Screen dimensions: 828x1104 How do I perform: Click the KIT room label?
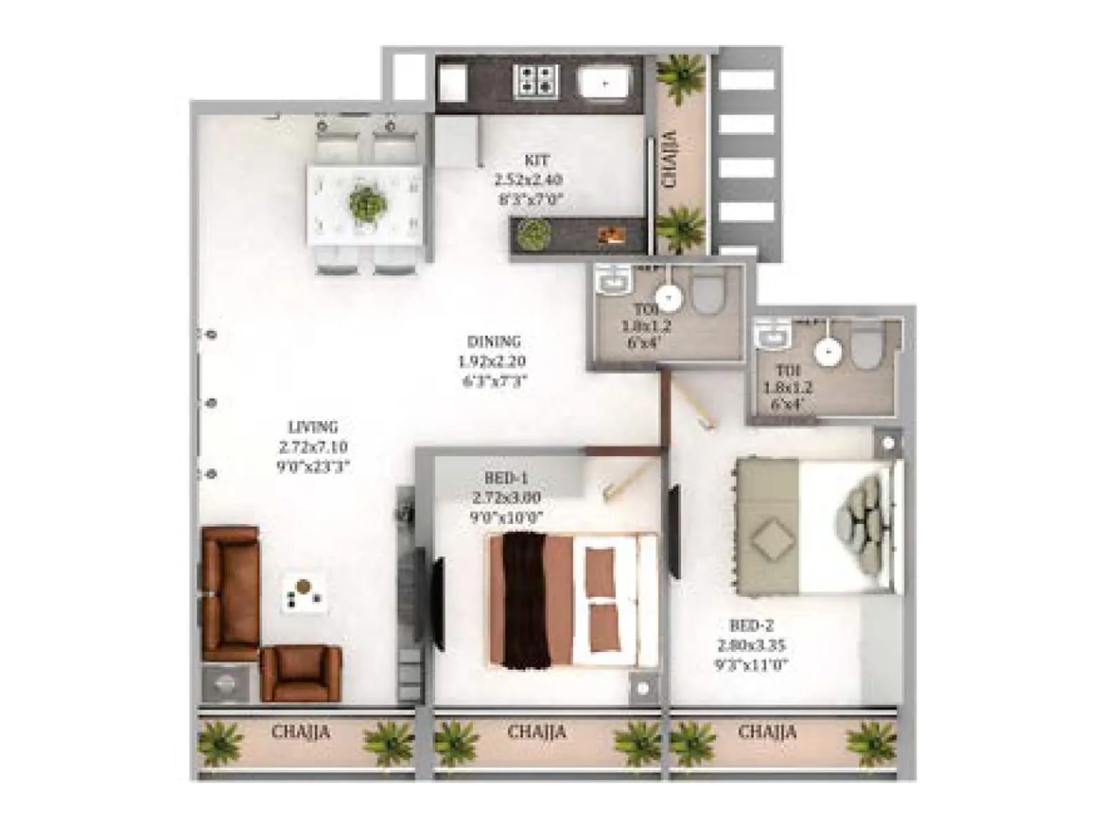[537, 161]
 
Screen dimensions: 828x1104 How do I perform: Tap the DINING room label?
[494, 342]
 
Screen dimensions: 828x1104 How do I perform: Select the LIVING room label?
[313, 427]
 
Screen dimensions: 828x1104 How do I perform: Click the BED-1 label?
[506, 478]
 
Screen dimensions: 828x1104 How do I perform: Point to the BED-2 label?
[751, 626]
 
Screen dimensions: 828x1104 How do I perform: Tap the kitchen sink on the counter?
[605, 83]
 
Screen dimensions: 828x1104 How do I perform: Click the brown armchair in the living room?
[301, 673]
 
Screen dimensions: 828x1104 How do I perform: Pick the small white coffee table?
[304, 593]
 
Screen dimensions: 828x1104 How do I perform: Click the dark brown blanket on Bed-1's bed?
[526, 600]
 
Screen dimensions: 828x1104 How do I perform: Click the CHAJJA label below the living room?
[301, 731]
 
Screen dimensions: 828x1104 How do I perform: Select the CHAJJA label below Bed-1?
[536, 731]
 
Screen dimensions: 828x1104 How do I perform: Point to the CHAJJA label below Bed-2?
[767, 731]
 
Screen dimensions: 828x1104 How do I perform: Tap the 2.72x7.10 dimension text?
[313, 447]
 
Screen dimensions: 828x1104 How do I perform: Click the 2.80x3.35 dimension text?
[751, 646]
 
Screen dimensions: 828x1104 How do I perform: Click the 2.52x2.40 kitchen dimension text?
[528, 181]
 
